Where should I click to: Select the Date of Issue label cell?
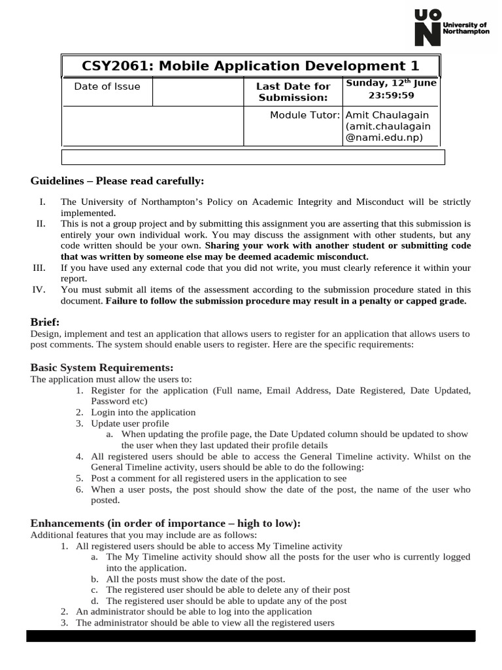coord(107,86)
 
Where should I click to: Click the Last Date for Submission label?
coord(293,92)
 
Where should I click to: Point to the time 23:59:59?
coord(391,95)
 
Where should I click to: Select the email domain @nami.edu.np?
coord(384,137)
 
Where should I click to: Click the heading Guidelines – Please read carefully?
coord(118,181)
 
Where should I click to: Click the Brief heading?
coord(45,322)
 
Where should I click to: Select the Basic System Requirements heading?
coord(102,368)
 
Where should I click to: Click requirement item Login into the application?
coord(143,412)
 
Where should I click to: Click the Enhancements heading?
coord(166,523)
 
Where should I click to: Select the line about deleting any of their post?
coord(228,590)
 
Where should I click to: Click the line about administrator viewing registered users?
coord(205,623)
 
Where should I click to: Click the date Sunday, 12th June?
coord(391,82)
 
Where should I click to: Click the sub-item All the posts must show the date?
coord(195,579)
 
